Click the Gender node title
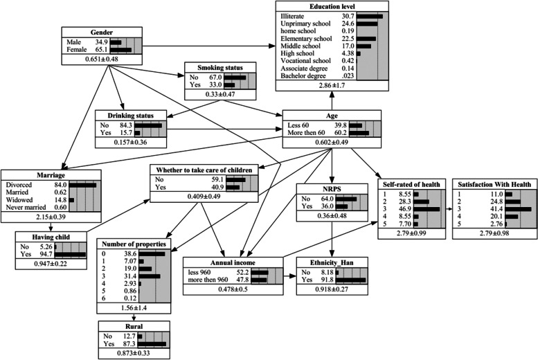pyautogui.click(x=102, y=33)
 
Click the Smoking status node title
pyautogui.click(x=219, y=67)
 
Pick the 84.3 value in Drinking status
pyautogui.click(x=123, y=125)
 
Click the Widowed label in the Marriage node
pyautogui.click(x=20, y=200)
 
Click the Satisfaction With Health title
pyautogui.click(x=494, y=186)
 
